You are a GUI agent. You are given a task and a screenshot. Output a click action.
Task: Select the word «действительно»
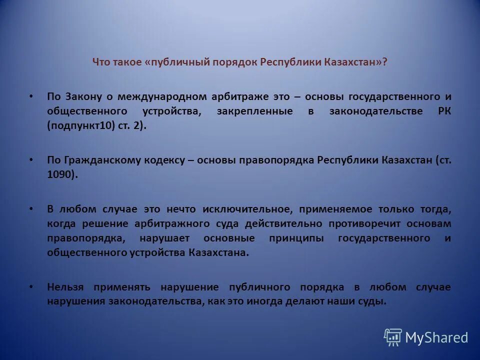coord(283,223)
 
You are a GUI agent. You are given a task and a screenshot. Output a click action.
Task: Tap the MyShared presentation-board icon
coord(393,337)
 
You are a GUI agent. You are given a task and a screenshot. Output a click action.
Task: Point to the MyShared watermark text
coord(436,338)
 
